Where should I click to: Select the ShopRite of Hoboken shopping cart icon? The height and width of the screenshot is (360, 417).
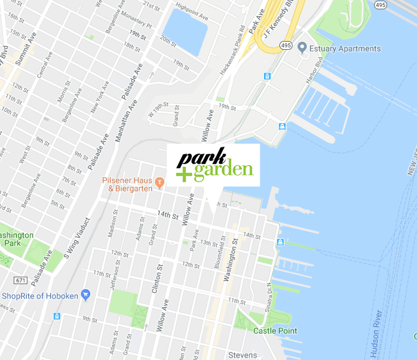point(86,294)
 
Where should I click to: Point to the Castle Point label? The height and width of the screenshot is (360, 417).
point(274,331)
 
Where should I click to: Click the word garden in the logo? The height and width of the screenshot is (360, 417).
point(223,170)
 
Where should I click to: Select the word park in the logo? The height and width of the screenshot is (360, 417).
point(197,158)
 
